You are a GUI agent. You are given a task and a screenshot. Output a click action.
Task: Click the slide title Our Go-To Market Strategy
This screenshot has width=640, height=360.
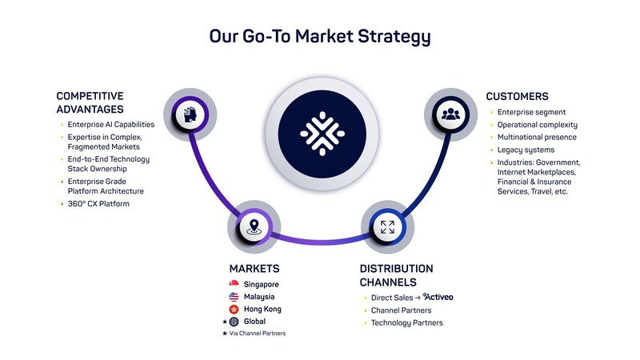tap(320, 37)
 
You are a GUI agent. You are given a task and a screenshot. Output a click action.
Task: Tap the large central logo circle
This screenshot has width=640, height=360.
tap(321, 132)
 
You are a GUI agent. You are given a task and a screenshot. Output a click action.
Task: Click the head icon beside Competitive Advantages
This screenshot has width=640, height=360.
tap(189, 114)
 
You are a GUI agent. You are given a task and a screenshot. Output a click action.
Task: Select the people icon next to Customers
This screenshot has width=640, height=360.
tap(450, 114)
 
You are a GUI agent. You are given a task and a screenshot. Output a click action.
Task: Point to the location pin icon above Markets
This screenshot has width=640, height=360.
tap(254, 226)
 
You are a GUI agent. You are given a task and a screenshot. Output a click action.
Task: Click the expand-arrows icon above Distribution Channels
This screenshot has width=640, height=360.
tap(387, 226)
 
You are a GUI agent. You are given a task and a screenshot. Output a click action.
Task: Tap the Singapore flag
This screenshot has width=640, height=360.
tap(234, 284)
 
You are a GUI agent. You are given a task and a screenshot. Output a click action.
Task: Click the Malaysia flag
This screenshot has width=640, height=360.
tap(234, 297)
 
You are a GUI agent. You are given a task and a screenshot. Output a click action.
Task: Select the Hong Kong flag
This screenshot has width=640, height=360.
tap(234, 309)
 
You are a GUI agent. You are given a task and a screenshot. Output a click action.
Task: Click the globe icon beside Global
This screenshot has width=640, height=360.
tap(234, 322)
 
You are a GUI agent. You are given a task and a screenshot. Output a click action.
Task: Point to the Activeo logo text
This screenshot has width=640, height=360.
tap(438, 297)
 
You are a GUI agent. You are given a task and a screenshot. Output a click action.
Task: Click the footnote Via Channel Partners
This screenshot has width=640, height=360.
tap(258, 333)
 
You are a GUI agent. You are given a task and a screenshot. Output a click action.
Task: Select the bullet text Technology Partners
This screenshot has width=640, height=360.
tap(406, 322)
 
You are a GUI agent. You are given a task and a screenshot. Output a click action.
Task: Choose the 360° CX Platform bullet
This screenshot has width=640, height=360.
tap(98, 204)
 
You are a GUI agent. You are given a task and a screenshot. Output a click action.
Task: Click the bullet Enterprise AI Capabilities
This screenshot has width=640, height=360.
tap(111, 125)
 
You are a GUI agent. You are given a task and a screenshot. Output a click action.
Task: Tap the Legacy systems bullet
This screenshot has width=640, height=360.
tap(526, 150)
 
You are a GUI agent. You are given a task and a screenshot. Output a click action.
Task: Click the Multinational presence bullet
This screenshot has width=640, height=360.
tap(536, 138)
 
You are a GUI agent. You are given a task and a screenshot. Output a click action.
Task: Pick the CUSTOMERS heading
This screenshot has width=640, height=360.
tap(517, 97)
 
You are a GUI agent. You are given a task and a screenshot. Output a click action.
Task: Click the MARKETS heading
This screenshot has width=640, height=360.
tap(254, 269)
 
